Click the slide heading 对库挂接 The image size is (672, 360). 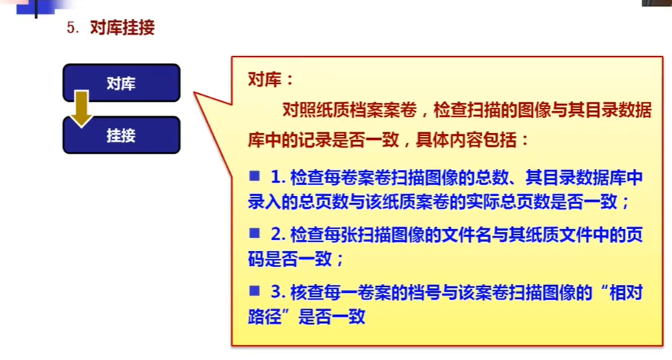point(122,27)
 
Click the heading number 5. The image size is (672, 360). point(72,28)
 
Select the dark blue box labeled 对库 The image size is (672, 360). point(122,83)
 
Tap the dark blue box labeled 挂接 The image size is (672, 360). point(122,135)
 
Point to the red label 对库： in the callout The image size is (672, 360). point(271,80)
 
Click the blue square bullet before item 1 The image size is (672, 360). point(255,176)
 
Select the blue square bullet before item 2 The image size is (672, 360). point(255,233)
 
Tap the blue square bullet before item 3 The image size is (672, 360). point(255,291)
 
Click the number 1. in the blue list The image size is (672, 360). point(278,177)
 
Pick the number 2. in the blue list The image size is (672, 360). point(278,234)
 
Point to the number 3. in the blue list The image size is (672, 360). point(278,292)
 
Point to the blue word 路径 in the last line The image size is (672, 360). point(265,317)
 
